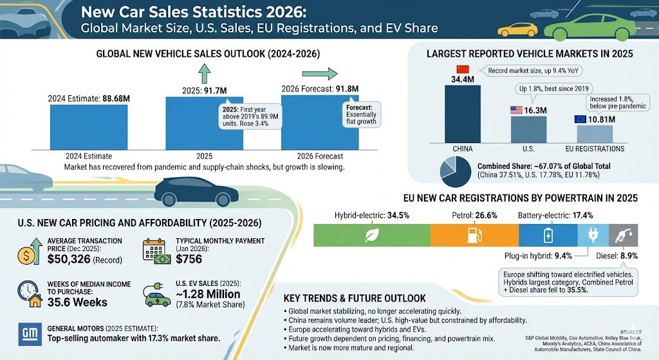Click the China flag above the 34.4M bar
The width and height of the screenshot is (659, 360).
[x=463, y=70]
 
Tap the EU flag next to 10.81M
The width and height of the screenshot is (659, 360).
[x=580, y=119]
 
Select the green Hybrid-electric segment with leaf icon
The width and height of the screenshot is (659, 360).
[x=371, y=234]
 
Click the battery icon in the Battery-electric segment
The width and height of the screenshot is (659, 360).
[x=548, y=234]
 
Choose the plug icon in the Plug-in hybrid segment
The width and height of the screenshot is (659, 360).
[x=593, y=234]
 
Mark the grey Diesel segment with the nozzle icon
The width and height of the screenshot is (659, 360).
[x=624, y=234]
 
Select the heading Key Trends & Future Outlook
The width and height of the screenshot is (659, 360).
[x=355, y=298]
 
